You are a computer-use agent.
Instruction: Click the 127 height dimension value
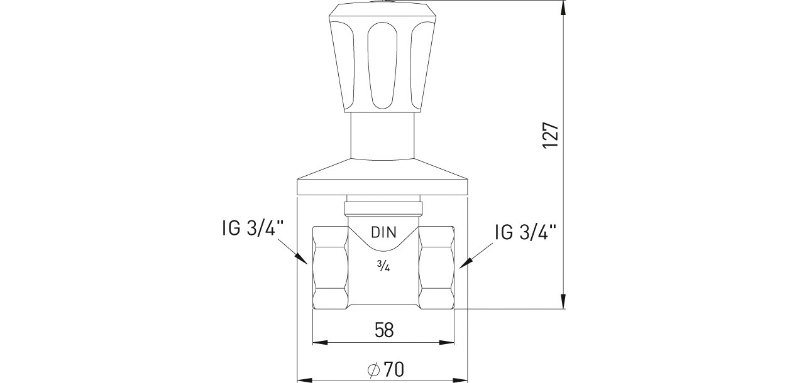click(x=551, y=135)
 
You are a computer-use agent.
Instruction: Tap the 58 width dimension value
click(x=384, y=330)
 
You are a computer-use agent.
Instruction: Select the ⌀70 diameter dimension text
click(x=385, y=369)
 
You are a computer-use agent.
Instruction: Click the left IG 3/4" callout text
click(x=253, y=228)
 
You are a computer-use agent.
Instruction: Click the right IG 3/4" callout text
click(x=526, y=232)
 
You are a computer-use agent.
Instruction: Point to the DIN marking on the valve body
click(x=383, y=232)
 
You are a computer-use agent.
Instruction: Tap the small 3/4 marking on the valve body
click(x=383, y=266)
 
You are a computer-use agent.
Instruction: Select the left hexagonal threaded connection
click(x=330, y=268)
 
